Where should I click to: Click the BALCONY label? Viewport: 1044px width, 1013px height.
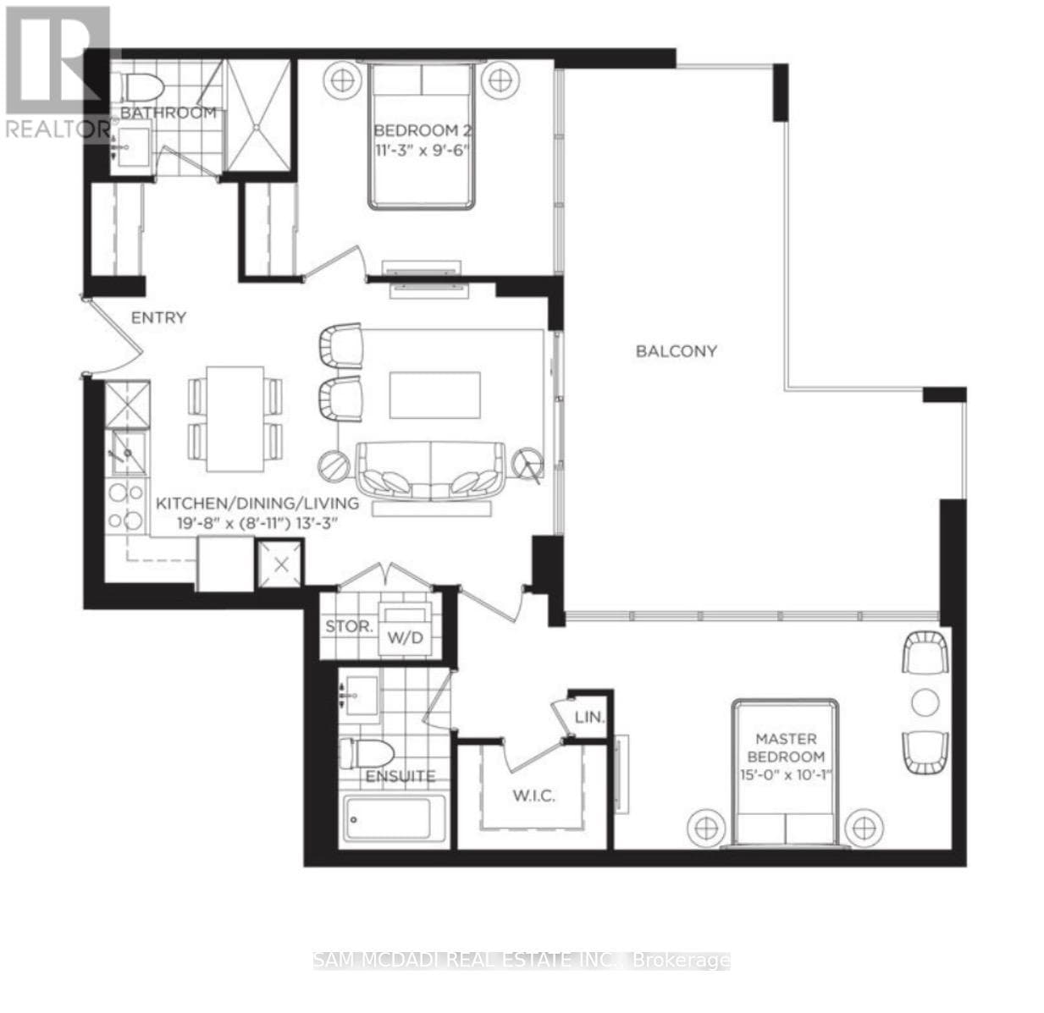tap(676, 351)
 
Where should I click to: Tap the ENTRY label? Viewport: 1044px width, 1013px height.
tap(159, 317)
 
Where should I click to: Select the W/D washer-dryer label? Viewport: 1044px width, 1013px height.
tap(405, 637)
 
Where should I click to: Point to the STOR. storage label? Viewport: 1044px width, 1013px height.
tap(349, 625)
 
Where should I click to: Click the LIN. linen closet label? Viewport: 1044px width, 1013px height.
tap(589, 717)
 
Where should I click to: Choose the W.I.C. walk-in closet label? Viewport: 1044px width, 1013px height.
tap(533, 796)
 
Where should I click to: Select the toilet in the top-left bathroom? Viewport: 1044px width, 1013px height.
tap(141, 87)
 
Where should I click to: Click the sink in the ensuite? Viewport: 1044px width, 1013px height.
tap(362, 695)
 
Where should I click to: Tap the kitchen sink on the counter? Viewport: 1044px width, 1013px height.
tap(127, 453)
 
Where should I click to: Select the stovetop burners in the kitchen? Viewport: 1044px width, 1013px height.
tap(126, 506)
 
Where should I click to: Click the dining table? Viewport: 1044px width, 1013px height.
tap(235, 419)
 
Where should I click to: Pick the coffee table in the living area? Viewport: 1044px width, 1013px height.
tap(435, 395)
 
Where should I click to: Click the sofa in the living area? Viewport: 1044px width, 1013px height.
tap(431, 471)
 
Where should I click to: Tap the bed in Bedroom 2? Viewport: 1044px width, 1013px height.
tap(422, 135)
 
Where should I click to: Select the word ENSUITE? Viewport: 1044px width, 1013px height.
tap(400, 776)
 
